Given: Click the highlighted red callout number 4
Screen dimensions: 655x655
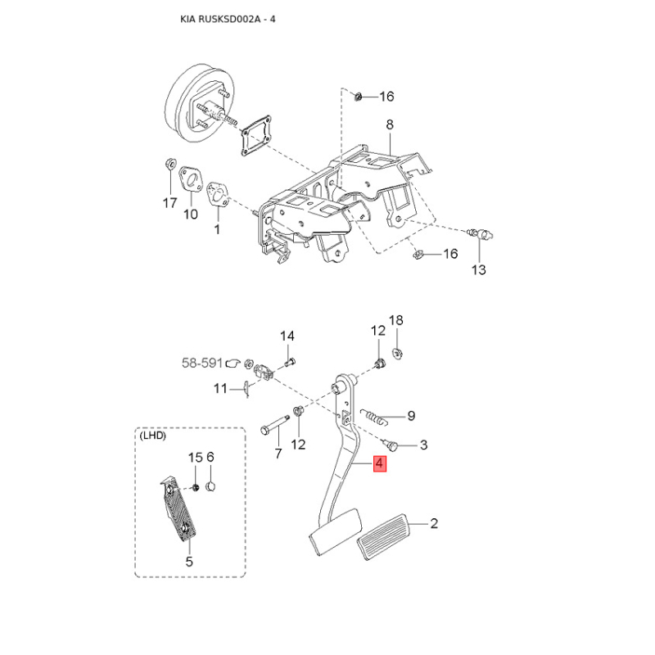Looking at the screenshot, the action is coord(379,463).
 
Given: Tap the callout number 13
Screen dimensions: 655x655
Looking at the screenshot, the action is coord(479,270).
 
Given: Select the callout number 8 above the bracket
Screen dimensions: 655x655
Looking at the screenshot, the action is coord(390,124).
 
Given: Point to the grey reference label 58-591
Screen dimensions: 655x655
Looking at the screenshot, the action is coord(202,363).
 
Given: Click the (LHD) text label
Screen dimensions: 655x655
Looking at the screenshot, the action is coord(152,436).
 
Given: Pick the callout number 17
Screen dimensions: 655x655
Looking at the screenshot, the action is coord(170,203).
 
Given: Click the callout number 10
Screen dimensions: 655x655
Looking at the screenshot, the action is coord(191,215).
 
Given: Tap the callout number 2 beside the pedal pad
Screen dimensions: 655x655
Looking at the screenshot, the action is coord(434,523).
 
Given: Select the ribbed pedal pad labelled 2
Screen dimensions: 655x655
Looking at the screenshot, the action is coord(384,536).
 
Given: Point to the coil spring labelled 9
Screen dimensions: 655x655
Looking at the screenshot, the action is coord(375,417).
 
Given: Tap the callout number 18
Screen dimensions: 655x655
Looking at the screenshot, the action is coord(396,320).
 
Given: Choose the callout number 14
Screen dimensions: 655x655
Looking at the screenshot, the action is coord(287,336).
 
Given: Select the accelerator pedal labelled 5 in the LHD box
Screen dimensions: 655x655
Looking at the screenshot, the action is coord(178,510).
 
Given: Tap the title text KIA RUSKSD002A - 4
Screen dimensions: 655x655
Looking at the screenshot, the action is coord(228,19).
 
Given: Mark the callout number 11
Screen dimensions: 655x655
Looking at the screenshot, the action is coord(220,389).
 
